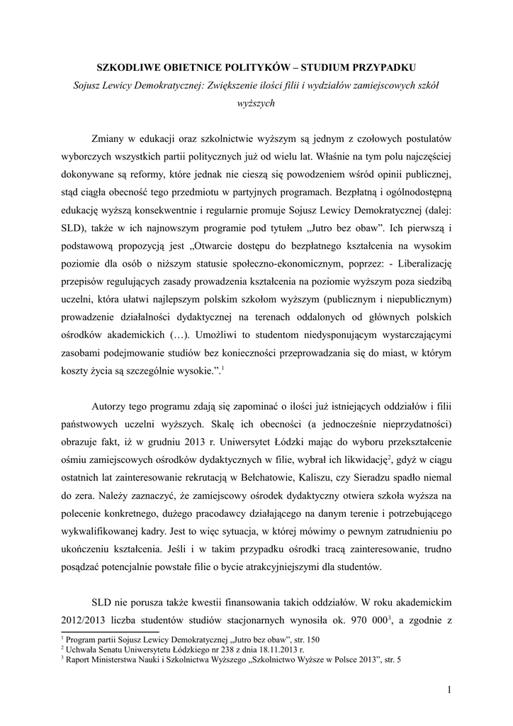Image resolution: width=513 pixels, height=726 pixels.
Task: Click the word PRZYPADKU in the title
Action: pos(386,67)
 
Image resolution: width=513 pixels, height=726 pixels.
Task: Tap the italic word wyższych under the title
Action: pos(256,103)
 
